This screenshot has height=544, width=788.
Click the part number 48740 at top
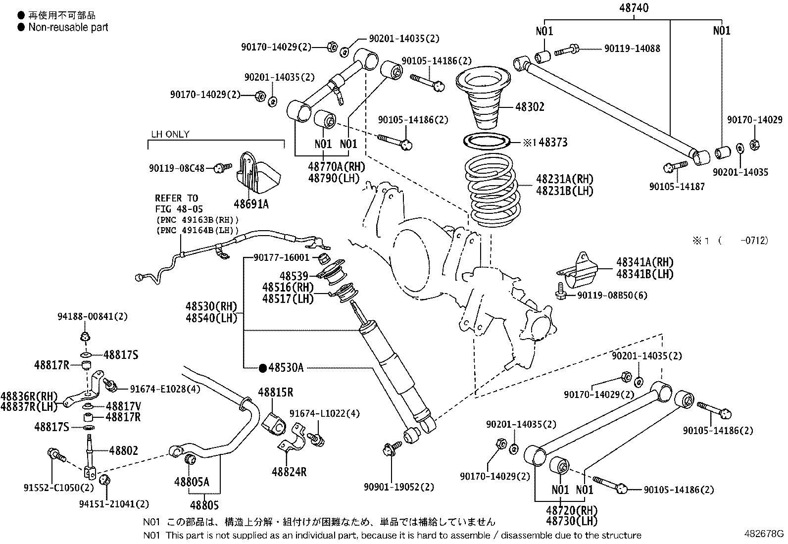[634, 7]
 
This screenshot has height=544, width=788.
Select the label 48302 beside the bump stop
[530, 107]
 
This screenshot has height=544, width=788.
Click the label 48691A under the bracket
[251, 203]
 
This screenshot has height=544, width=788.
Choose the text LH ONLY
[170, 134]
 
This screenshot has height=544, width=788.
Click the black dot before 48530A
[263, 368]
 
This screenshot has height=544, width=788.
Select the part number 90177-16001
[281, 257]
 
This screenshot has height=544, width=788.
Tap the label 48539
[294, 276]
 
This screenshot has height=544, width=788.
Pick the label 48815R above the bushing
[275, 393]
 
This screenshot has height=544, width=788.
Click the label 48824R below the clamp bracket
[289, 472]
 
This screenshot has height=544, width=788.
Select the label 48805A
[192, 482]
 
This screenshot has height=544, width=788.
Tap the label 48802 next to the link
[123, 450]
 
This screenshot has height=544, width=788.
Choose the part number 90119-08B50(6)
[612, 296]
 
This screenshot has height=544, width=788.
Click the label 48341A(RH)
[644, 262]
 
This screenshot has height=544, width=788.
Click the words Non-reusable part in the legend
[68, 27]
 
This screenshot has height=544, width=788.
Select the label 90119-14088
[632, 49]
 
